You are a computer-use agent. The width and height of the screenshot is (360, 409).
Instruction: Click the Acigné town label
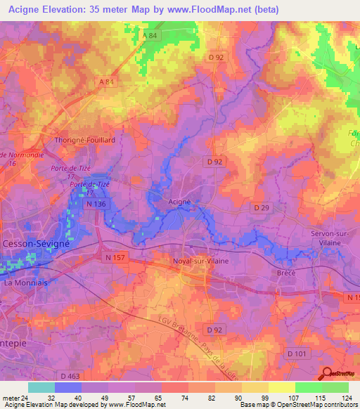179,201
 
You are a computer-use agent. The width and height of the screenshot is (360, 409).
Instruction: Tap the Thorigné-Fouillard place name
85,140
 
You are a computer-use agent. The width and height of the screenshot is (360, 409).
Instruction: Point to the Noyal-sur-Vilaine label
201,261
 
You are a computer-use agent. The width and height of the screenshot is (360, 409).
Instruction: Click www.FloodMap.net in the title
215,10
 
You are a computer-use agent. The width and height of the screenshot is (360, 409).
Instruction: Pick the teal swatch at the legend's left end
41,387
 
